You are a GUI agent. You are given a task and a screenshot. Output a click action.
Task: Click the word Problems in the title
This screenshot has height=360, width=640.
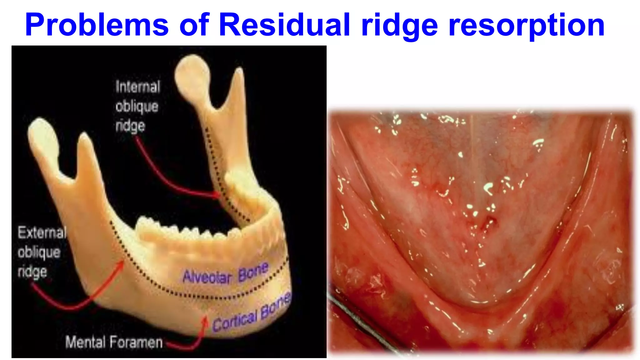tap(97, 25)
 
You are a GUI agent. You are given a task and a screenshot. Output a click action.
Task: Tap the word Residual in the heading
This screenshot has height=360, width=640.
tap(284, 25)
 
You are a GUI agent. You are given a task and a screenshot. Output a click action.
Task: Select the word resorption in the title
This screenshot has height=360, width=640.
tap(527, 25)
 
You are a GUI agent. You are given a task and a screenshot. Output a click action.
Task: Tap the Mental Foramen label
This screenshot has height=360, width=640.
tap(114, 342)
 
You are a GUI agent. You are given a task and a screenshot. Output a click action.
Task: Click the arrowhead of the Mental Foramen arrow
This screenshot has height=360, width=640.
tap(205, 319)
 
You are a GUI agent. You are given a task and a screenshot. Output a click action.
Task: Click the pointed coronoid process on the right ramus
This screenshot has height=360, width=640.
tap(239, 75)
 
